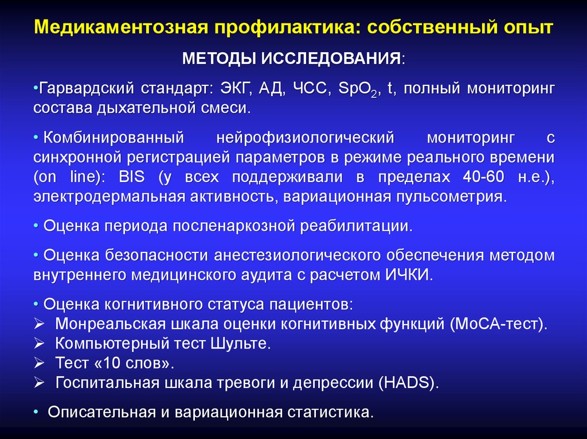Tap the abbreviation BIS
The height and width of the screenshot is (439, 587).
[132, 176]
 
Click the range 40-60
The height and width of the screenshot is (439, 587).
[483, 176]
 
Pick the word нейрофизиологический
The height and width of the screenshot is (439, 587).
[305, 138]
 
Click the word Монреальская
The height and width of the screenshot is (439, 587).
[110, 323]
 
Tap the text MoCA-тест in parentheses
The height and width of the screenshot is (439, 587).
[498, 323]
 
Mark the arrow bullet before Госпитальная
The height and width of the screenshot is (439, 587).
[39, 382]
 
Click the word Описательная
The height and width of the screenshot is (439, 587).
[102, 412]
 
